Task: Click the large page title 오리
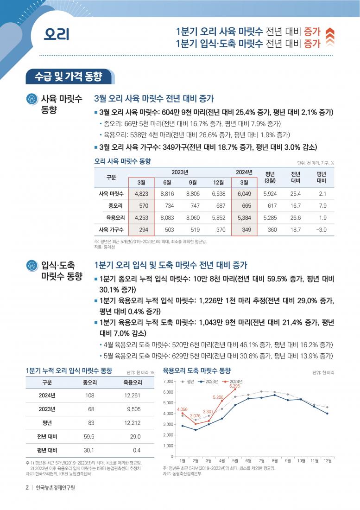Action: (x=57, y=34)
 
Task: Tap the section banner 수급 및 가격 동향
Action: (x=69, y=77)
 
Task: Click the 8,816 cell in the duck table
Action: (x=167, y=194)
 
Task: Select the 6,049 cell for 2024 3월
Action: (x=244, y=194)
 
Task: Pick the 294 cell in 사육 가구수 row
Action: (x=144, y=230)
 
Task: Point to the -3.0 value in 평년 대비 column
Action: (x=322, y=230)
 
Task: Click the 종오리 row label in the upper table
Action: (x=115, y=206)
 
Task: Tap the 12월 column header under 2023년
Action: (x=218, y=183)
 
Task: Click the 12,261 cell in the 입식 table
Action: (x=132, y=395)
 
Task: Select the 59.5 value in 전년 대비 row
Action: (x=89, y=436)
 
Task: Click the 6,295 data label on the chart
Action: (x=234, y=386)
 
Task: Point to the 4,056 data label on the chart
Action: (x=182, y=409)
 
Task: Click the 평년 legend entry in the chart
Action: (x=188, y=382)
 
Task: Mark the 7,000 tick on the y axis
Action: (x=168, y=382)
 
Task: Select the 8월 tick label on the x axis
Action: (x=275, y=461)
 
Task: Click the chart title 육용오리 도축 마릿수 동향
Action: (x=197, y=371)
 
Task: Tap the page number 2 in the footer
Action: (x=27, y=488)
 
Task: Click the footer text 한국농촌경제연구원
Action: (x=56, y=488)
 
